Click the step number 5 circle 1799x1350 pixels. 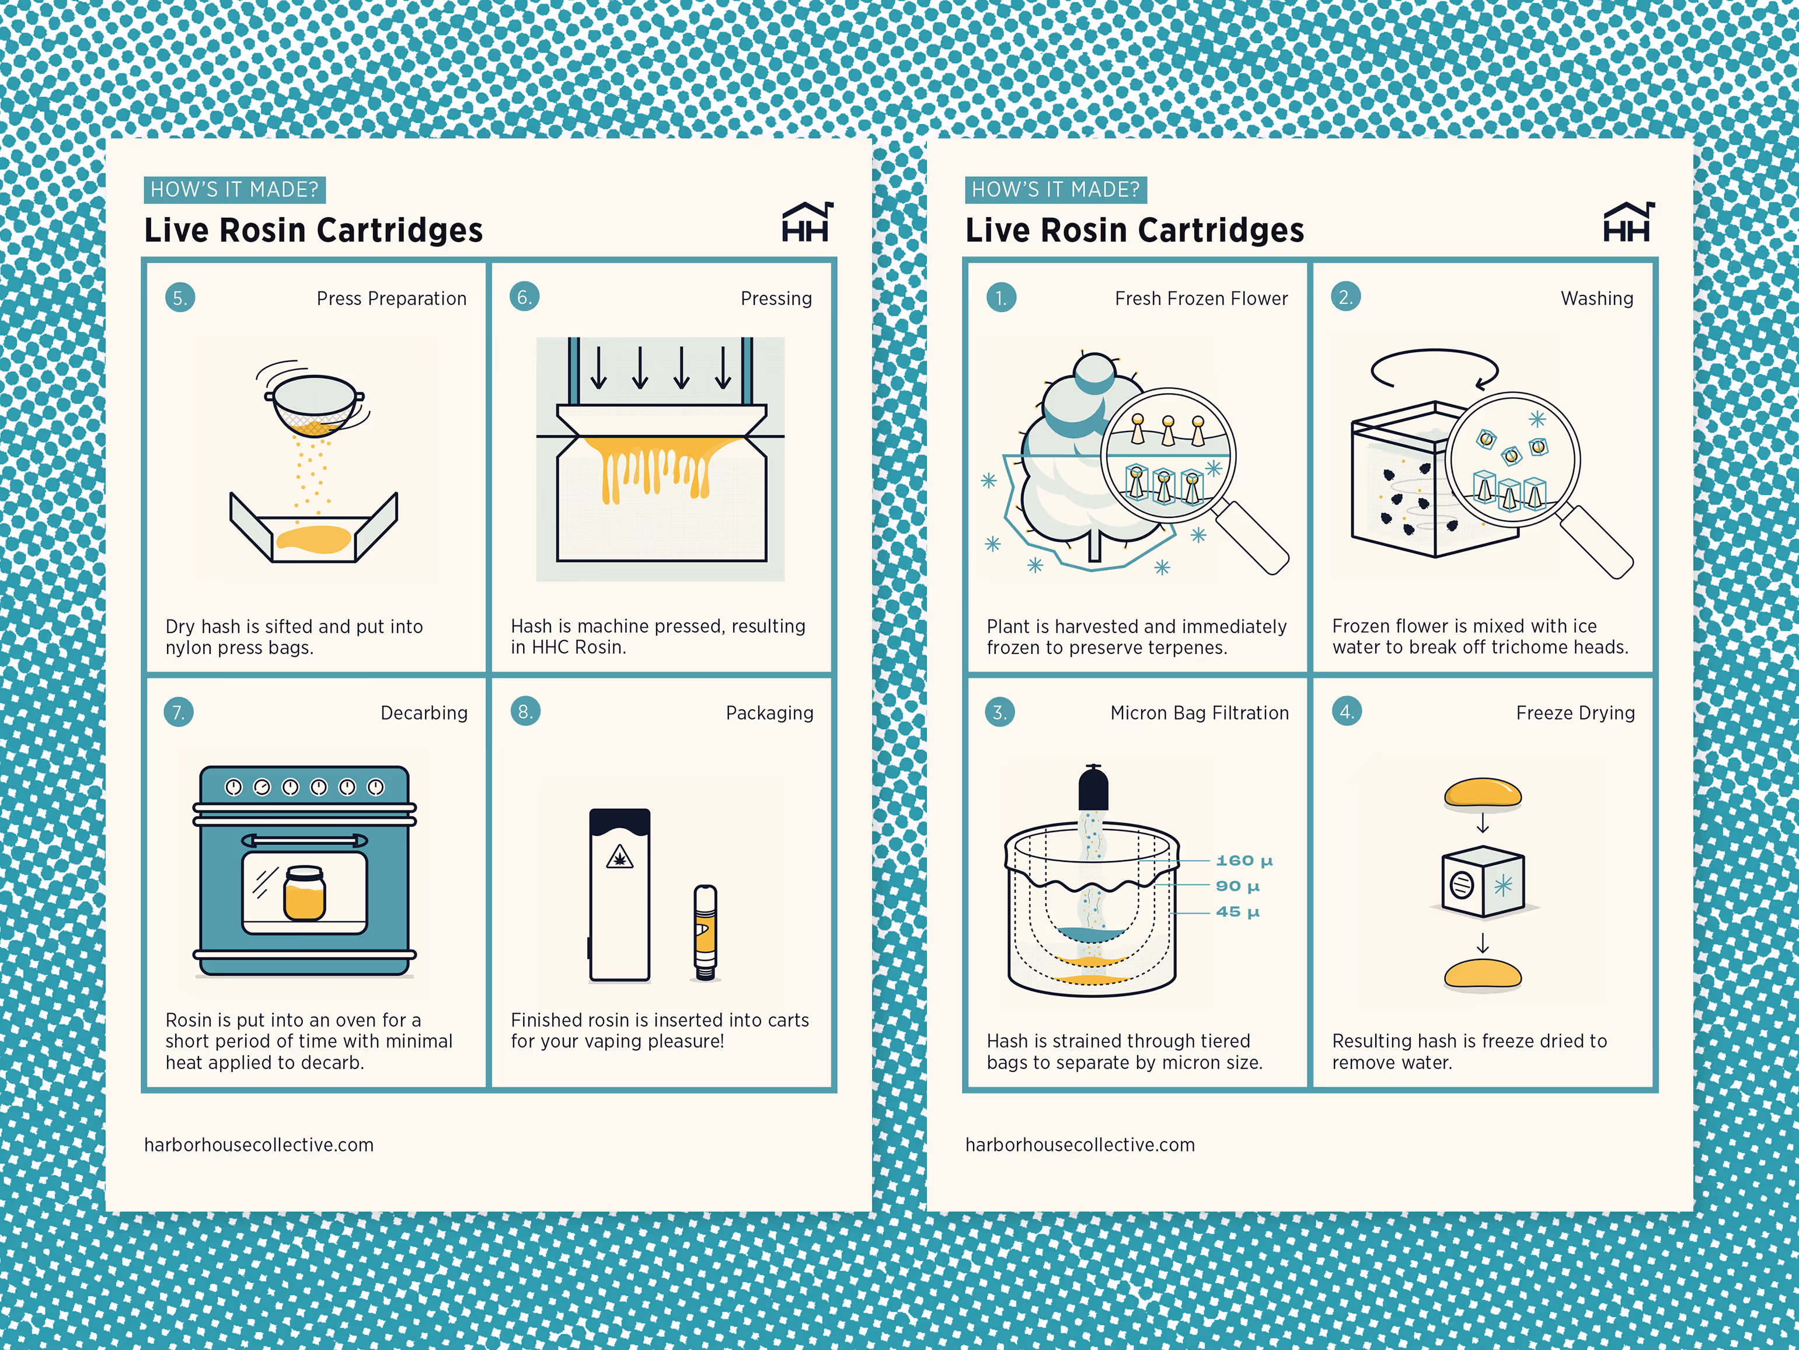click(180, 298)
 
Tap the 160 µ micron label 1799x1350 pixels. click(1243, 860)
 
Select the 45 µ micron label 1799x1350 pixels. click(1237, 911)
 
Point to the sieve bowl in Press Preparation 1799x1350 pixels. click(314, 403)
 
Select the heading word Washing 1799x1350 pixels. click(1596, 298)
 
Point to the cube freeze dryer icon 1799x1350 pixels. click(1483, 882)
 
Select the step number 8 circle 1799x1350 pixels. click(525, 711)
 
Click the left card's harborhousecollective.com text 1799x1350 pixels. click(259, 1145)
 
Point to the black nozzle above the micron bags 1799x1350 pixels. click(1093, 788)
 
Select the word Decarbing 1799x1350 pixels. click(424, 713)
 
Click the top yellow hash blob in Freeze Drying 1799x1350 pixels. click(1482, 792)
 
